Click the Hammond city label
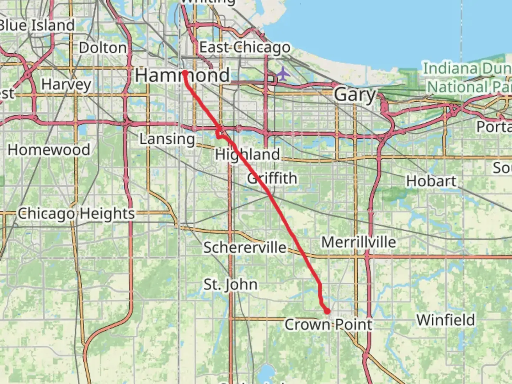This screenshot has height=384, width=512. [x=182, y=75]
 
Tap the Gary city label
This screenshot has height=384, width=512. [x=355, y=95]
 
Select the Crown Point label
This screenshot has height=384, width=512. [x=328, y=325]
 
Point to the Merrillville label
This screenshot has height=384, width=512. [x=358, y=242]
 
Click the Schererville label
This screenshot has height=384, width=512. [x=245, y=247]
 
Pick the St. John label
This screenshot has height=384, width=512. [x=230, y=284]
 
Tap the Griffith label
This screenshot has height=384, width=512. [x=272, y=178]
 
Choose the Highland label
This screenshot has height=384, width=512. [x=247, y=155]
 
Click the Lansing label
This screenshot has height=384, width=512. [x=167, y=139]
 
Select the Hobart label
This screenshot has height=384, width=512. [x=431, y=181]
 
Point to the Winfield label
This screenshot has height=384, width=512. [x=446, y=320]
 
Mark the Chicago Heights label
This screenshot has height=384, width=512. [x=76, y=214]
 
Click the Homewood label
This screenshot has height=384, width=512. [x=49, y=150]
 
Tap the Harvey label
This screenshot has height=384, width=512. [x=66, y=85]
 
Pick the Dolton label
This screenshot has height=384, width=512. [x=103, y=48]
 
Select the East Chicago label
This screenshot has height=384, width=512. [x=245, y=48]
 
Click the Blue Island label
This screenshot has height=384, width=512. [x=37, y=26]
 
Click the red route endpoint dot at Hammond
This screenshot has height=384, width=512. [x=185, y=73]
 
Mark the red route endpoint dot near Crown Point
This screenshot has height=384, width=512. [x=327, y=311]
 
